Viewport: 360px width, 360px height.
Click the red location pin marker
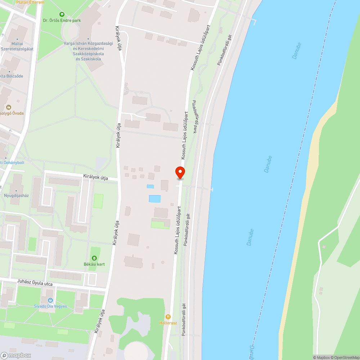point(180,172)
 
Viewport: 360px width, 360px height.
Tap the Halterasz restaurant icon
point(168,317)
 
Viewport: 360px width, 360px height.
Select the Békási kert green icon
point(94,258)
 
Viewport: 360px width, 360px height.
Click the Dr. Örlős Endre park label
point(62,21)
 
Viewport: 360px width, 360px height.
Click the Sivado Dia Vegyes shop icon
point(50,300)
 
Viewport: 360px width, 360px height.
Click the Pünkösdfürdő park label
point(195,117)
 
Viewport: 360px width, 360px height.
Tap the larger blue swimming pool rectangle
point(155,199)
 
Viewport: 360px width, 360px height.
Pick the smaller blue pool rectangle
point(150,186)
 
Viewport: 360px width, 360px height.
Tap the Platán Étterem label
point(30,2)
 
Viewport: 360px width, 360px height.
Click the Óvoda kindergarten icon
point(9,107)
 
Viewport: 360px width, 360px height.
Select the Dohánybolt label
point(12,163)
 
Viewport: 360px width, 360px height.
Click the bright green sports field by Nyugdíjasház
point(98,201)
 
